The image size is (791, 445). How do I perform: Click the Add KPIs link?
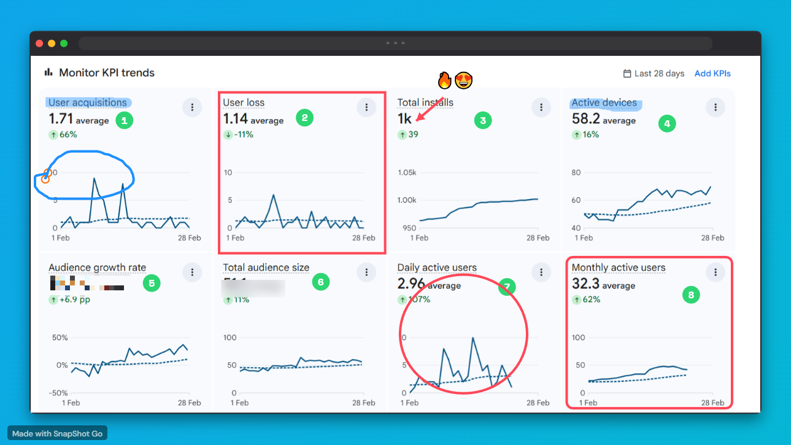(x=712, y=74)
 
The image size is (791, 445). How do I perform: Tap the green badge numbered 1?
(x=124, y=120)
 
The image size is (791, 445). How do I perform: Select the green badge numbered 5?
(x=150, y=283)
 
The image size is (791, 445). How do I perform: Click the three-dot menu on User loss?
(x=366, y=107)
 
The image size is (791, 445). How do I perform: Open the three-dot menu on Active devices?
(x=715, y=107)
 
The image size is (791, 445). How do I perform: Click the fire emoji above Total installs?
(x=444, y=80)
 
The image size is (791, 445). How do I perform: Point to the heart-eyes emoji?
(x=464, y=80)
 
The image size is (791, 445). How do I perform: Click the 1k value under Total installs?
(x=404, y=118)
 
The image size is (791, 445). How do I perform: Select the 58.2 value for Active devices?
(x=585, y=118)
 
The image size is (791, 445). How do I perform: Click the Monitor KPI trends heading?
(x=106, y=72)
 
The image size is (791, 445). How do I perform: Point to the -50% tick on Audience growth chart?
(x=58, y=393)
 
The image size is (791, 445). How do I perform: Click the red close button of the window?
(x=39, y=44)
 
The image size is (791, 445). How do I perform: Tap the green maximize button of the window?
(x=64, y=44)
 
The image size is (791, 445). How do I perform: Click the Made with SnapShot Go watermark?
(x=57, y=433)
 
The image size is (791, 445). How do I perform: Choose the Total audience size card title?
(x=266, y=268)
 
